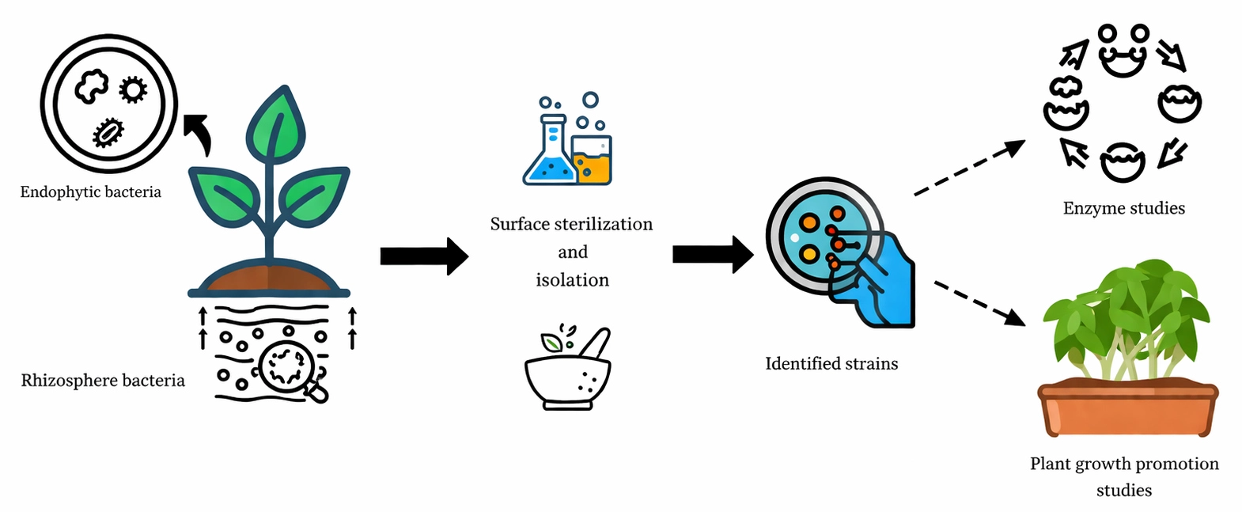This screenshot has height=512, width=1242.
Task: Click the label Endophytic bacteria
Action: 90,192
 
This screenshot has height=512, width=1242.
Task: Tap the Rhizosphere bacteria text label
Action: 103,381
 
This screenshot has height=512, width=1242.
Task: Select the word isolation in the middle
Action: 572,280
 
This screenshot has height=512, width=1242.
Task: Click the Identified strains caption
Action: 831,364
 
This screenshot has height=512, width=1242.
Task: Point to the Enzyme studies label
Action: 1123,209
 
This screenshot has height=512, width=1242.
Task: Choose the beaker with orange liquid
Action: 593,161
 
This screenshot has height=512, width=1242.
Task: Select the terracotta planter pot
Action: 1127,408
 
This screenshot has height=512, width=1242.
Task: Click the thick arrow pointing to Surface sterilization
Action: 424,256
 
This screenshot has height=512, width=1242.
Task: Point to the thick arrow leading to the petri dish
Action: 712,254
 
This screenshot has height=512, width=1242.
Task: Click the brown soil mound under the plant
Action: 269,279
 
